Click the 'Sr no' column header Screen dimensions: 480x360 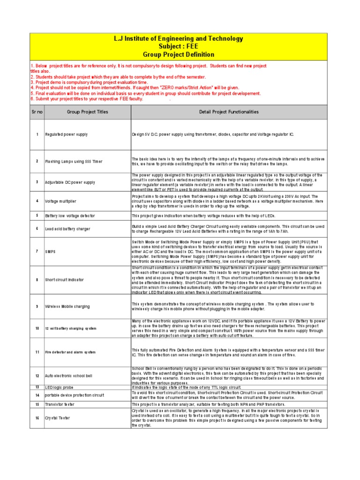point(37,112)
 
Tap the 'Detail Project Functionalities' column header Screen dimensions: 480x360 point(228,112)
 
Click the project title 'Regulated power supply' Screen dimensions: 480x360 point(66,135)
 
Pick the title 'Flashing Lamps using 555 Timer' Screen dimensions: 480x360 point(73,161)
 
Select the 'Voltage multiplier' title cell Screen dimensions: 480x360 point(60,201)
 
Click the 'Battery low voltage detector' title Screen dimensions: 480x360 point(70,216)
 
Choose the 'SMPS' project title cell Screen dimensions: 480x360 point(50,251)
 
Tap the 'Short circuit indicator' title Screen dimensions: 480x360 point(65,279)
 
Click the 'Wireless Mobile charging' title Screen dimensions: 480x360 point(67,306)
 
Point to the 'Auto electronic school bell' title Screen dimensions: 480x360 point(69,376)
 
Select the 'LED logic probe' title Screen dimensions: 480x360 point(59,387)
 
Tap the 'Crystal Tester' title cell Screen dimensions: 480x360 point(57,418)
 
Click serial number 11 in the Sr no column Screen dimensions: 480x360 point(37,352)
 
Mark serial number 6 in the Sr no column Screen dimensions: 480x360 point(37,228)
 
